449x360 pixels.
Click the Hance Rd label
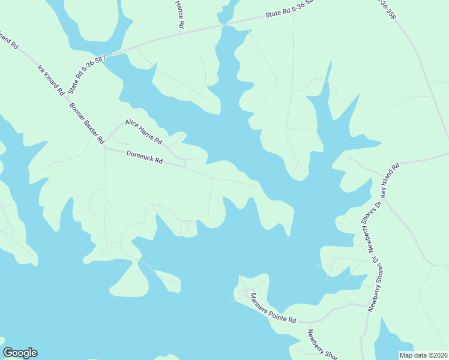point(179,14)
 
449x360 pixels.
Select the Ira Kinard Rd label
point(51,80)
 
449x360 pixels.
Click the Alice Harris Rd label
point(143,132)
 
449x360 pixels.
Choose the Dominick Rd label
point(145,157)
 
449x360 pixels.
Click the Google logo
point(20,353)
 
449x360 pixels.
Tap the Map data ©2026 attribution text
point(423,355)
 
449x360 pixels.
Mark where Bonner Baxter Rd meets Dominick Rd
point(105,148)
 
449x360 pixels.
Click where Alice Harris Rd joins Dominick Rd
point(184,163)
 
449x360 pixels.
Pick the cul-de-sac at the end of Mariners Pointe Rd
point(244,292)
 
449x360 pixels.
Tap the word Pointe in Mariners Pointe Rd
point(273,308)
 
